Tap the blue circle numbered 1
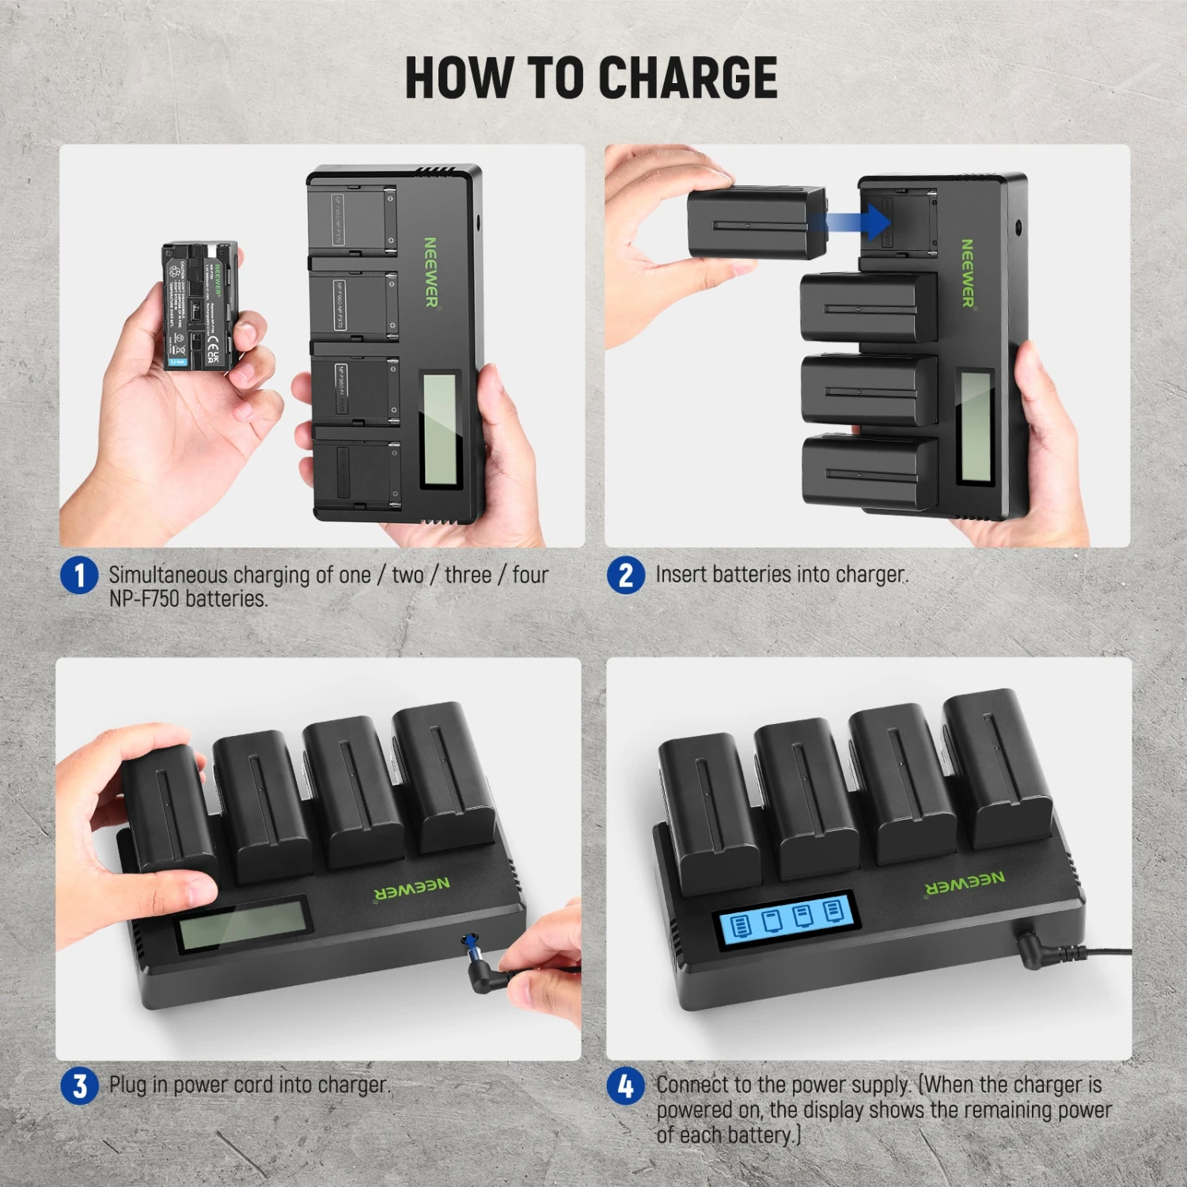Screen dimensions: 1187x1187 click(79, 575)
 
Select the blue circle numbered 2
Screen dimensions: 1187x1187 click(626, 575)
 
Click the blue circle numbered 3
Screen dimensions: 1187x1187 click(79, 1086)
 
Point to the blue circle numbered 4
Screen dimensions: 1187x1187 click(626, 1086)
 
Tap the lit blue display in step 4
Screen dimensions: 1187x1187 click(787, 920)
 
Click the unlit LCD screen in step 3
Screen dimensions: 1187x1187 click(243, 923)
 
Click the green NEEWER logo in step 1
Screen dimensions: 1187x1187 click(430, 271)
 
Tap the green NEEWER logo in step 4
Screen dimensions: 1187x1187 click(965, 883)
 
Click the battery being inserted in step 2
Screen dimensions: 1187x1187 click(756, 223)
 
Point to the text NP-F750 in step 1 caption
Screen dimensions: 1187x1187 click(145, 599)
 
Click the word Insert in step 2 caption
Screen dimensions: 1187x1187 click(681, 575)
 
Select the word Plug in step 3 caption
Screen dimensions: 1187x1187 click(127, 1085)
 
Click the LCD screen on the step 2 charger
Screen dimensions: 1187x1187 click(976, 427)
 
